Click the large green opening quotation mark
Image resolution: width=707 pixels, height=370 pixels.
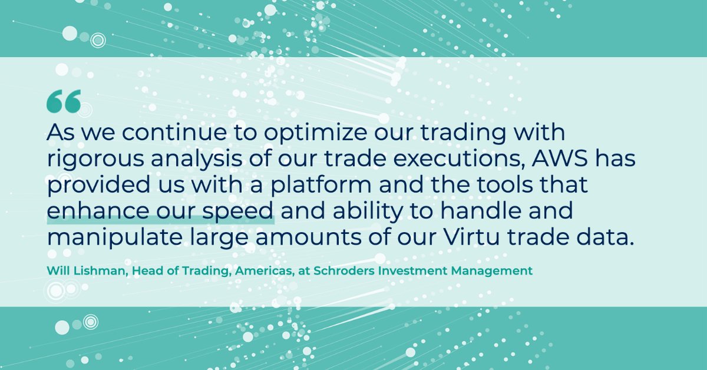click(x=64, y=102)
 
